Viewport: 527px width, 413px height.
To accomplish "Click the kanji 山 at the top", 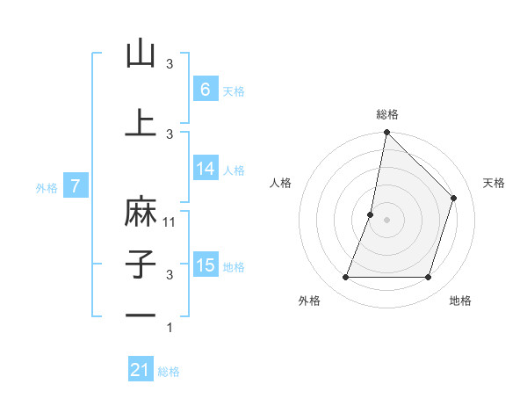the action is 141,54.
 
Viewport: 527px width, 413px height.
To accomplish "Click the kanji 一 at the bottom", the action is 141,315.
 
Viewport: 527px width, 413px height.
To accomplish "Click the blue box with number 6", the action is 205,90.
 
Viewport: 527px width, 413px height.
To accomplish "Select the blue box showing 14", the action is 205,169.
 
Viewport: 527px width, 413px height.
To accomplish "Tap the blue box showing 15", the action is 205,264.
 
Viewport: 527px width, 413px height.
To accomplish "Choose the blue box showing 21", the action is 141,370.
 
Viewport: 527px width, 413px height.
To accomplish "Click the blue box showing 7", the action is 76,185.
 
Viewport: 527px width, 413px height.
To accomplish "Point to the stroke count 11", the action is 170,221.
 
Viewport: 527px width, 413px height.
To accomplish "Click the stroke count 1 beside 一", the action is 170,328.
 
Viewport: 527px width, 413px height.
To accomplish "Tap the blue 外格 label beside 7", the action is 47,186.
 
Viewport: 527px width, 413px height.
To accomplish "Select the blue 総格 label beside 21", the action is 169,372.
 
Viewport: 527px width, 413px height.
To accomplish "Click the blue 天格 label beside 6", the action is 234,91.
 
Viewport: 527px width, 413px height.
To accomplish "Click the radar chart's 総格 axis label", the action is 387,114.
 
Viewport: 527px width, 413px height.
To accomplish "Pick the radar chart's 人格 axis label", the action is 280,183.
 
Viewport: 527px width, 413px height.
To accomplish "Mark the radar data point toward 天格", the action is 454,198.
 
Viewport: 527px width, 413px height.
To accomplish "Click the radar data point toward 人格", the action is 371,214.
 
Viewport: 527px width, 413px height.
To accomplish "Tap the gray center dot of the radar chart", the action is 387,220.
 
